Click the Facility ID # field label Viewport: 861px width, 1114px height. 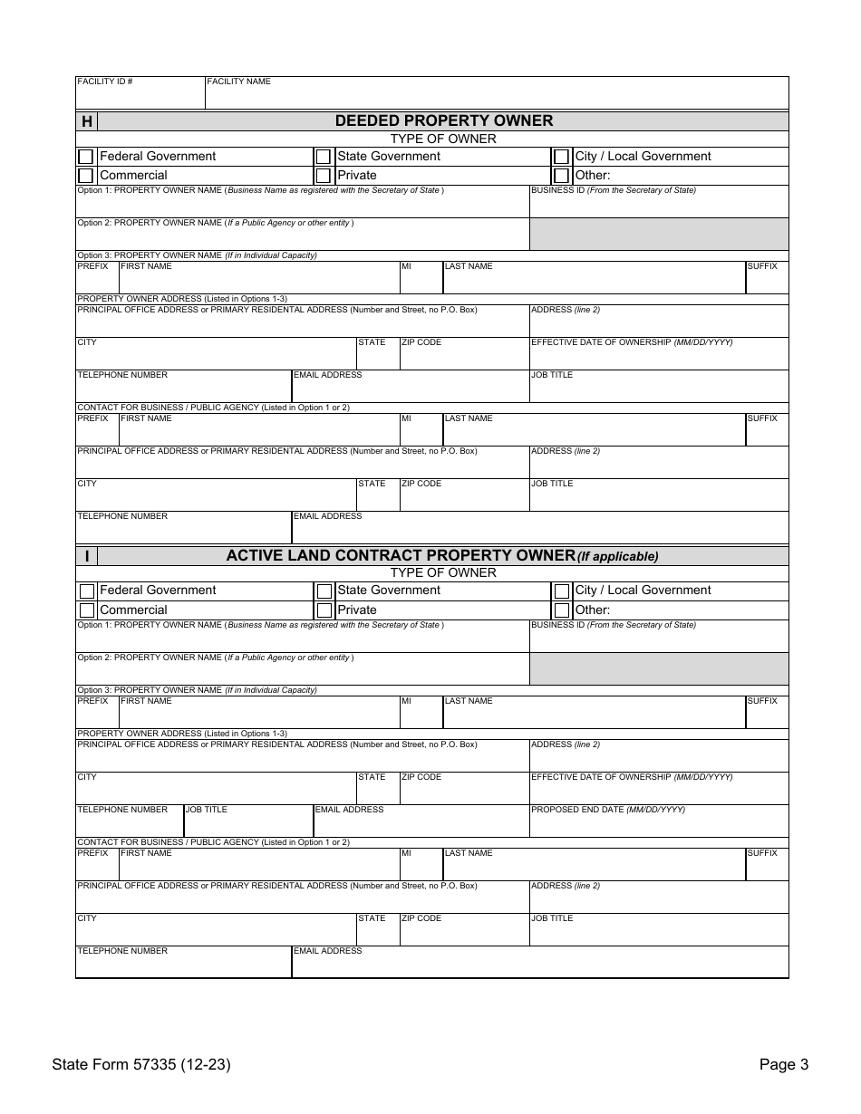coord(105,82)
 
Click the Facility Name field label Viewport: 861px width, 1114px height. coord(238,82)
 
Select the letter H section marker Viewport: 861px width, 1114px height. coord(86,121)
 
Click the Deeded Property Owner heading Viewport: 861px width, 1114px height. coord(443,120)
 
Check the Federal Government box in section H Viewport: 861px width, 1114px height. coord(86,157)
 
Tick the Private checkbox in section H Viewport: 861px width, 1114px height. coord(324,176)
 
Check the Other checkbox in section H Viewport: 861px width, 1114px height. coord(561,176)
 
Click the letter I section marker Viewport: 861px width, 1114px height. coord(86,556)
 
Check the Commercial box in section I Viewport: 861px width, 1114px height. coord(86,610)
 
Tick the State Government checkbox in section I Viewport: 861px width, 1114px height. coord(324,591)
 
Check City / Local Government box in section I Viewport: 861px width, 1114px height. coord(561,591)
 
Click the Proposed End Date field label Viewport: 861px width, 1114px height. coord(607,810)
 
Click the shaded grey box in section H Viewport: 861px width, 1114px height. coord(658,235)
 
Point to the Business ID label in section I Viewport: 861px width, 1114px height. coord(613,625)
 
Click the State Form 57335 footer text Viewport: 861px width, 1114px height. coord(140,1065)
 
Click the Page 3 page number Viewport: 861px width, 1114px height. coord(783,1065)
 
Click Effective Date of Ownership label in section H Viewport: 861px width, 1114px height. coord(632,342)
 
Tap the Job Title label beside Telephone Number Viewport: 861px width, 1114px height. coord(207,810)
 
